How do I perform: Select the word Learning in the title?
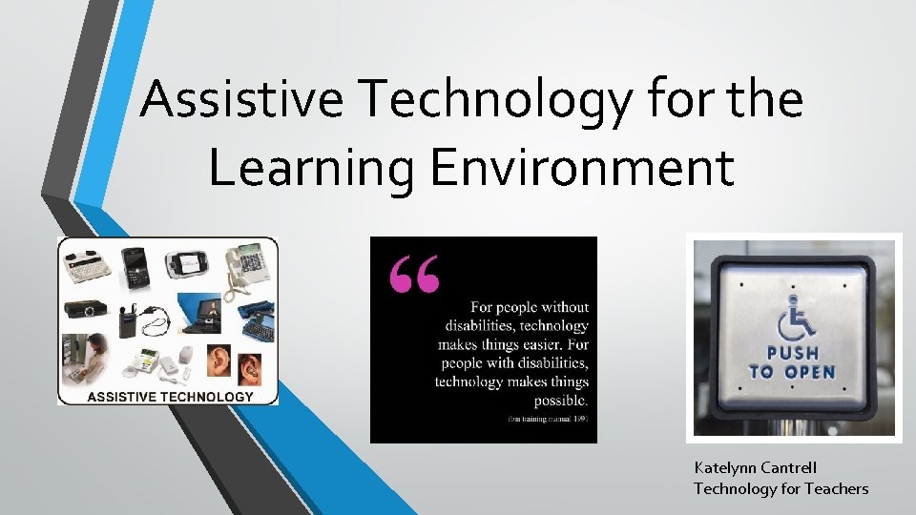[311, 167]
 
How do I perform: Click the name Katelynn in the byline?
[728, 468]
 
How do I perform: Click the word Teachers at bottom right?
[836, 489]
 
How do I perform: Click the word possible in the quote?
[556, 400]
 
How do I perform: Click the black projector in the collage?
[81, 309]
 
